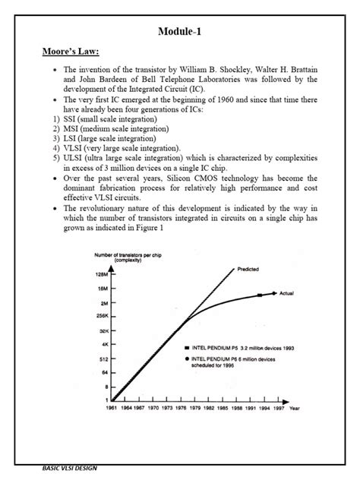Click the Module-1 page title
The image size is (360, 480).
pyautogui.click(x=180, y=33)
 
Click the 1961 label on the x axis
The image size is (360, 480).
pyautogui.click(x=112, y=408)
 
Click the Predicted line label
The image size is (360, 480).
pyautogui.click(x=250, y=269)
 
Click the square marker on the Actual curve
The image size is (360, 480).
pyautogui.click(x=261, y=294)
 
